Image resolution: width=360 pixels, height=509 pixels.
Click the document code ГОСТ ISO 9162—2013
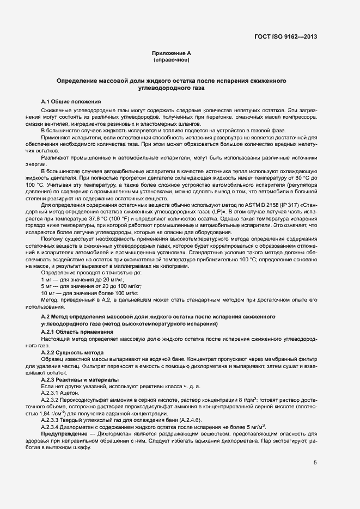[x=285, y=37]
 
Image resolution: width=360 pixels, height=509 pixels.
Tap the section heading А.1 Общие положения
[x=71, y=102]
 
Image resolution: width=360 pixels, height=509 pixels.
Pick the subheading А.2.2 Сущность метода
[x=72, y=352]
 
